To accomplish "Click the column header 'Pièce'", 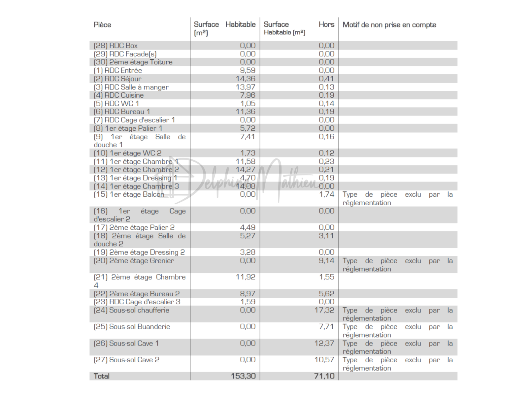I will (102, 25).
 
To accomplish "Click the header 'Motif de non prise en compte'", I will (389, 25).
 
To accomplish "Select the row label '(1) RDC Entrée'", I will (118, 70).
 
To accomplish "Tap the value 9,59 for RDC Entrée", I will (247, 70).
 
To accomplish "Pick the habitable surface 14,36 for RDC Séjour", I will (246, 79).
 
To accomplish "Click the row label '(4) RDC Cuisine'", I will (119, 95).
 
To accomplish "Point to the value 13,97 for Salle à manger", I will (246, 87).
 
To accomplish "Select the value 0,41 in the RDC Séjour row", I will (326, 79).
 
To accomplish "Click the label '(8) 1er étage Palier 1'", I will (128, 128).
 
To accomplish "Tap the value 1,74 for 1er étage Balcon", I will (326, 194).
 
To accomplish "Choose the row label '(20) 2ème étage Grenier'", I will (134, 261).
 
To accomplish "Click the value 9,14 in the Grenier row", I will (326, 261).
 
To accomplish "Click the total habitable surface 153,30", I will (243, 376).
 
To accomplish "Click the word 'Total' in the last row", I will (102, 376).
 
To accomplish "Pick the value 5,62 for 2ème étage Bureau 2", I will (326, 294).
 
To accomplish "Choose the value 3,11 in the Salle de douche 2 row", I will (326, 236).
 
